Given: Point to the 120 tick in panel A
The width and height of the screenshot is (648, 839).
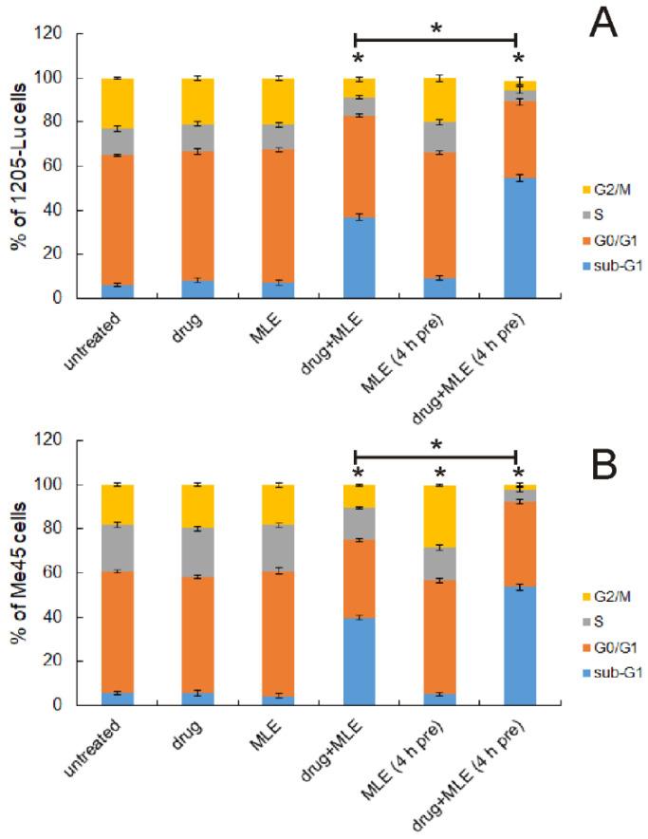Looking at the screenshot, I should click(x=49, y=34).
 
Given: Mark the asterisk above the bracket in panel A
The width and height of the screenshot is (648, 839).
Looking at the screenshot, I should click(x=435, y=28).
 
